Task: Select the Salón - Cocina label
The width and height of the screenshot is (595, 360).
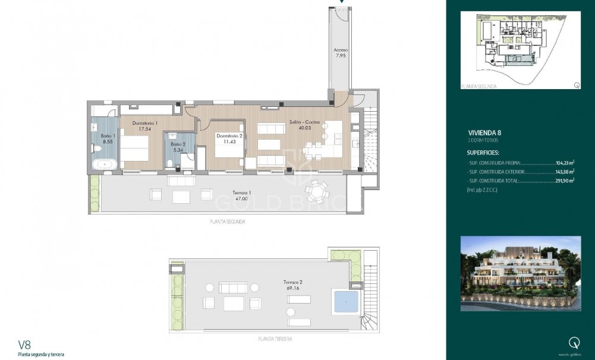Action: point(305,122)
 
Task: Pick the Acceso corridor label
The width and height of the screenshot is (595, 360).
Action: point(341,50)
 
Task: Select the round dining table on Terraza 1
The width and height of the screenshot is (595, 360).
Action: point(316,191)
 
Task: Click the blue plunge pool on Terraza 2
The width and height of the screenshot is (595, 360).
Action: point(345,302)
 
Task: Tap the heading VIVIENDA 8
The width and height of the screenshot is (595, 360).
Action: point(489,134)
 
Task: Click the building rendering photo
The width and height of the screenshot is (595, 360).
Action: point(521,273)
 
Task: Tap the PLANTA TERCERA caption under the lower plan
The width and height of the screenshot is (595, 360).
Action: point(275,340)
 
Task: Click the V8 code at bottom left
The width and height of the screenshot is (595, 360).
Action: point(24,344)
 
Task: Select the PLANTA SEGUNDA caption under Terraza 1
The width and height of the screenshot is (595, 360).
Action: point(228,221)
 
